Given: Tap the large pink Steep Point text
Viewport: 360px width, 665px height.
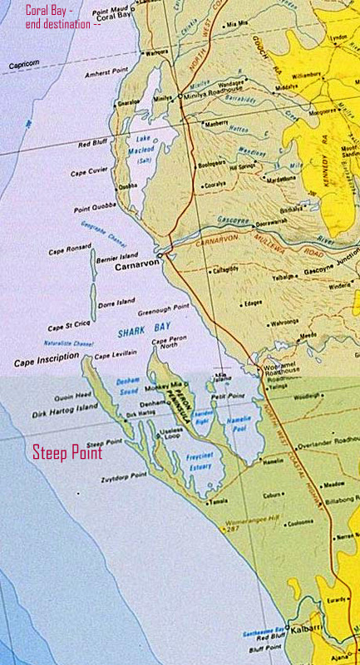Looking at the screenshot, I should pyautogui.click(x=67, y=453).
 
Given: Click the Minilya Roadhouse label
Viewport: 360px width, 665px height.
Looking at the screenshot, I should pyautogui.click(x=211, y=96).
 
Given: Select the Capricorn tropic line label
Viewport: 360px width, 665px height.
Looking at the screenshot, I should pyautogui.click(x=24, y=64).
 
